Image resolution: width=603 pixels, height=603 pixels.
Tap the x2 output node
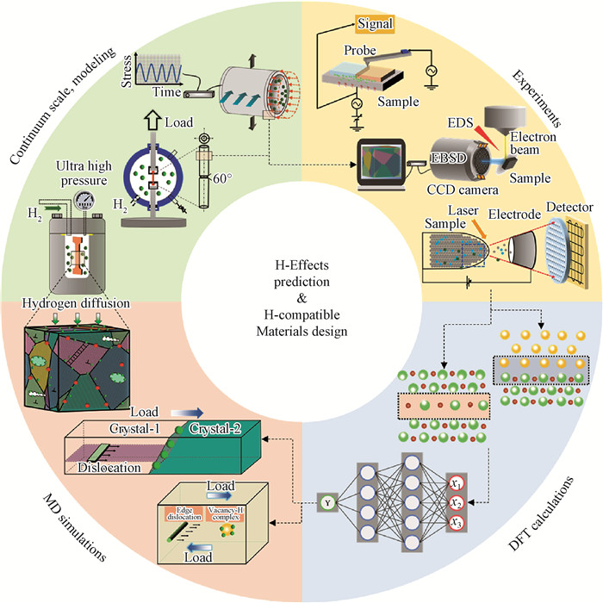(456, 501)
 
